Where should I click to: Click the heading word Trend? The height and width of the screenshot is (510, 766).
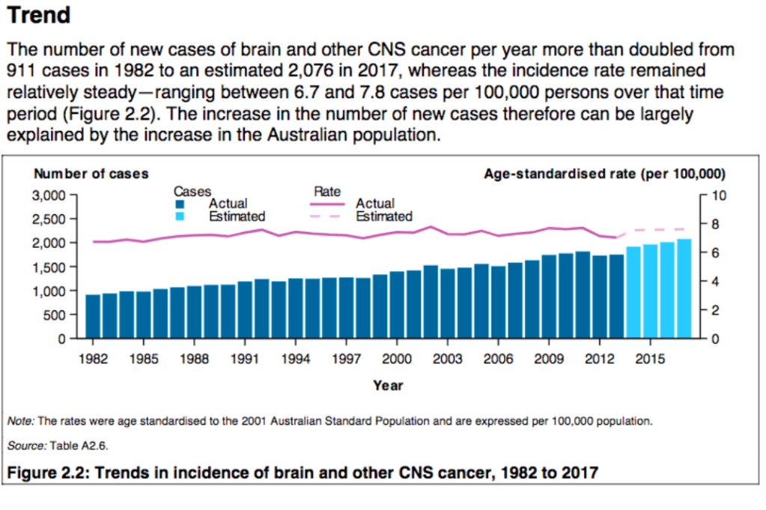pyautogui.click(x=39, y=15)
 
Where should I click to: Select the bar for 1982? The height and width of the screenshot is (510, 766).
pyautogui.click(x=92, y=316)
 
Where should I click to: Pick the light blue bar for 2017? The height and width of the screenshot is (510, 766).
pyautogui.click(x=684, y=289)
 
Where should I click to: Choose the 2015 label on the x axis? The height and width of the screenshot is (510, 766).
pyautogui.click(x=650, y=359)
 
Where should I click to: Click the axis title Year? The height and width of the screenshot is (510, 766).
pyautogui.click(x=388, y=386)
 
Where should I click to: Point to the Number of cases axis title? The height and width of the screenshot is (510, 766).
pyautogui.click(x=91, y=174)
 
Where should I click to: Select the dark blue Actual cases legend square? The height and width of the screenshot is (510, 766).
pyautogui.click(x=180, y=204)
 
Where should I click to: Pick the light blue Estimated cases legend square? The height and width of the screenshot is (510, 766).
pyautogui.click(x=180, y=216)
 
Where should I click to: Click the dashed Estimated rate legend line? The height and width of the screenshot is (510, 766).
pyautogui.click(x=329, y=216)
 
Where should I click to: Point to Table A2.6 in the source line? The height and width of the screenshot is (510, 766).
pyautogui.click(x=79, y=446)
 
